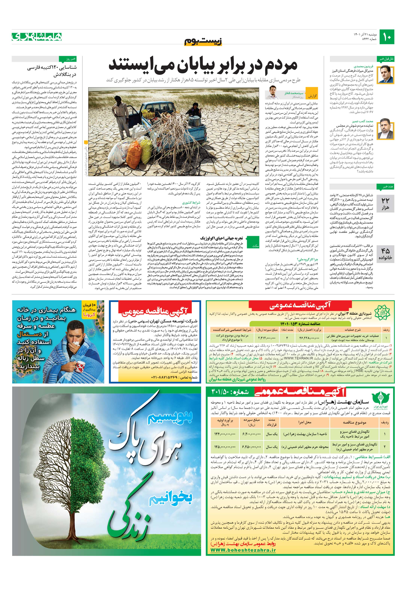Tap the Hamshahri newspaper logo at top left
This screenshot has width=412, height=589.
[x=37, y=37]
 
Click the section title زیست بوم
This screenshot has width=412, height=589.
[x=203, y=41]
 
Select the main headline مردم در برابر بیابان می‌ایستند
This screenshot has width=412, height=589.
[x=203, y=65]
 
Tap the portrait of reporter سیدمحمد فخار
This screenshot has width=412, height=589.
[x=272, y=93]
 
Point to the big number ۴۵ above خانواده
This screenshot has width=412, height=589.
[x=385, y=251]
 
